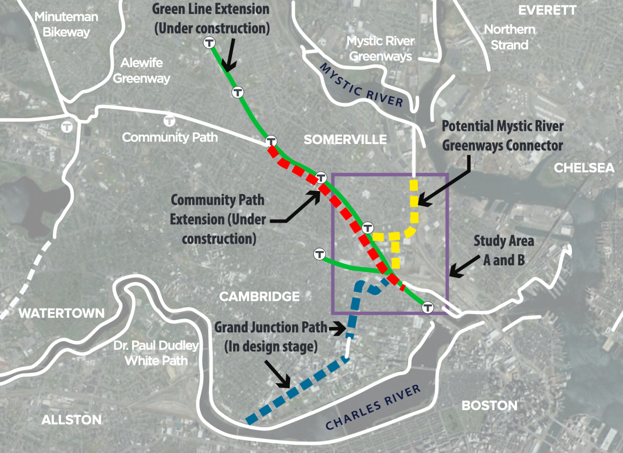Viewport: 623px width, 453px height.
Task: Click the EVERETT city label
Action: point(547,10)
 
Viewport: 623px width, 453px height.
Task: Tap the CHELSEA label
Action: point(584,168)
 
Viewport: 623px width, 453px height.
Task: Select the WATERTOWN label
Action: point(61,313)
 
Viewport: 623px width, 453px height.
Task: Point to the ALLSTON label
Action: point(72,419)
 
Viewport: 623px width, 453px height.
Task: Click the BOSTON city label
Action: point(489,405)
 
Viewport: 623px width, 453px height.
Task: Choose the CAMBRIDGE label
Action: point(259,296)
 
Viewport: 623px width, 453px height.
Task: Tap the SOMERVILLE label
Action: point(345,140)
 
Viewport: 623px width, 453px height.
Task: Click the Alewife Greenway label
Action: point(142,71)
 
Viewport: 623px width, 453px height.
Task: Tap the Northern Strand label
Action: point(510,37)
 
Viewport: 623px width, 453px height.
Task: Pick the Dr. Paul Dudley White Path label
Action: point(156,353)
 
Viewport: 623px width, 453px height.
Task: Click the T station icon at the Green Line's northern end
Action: point(209,43)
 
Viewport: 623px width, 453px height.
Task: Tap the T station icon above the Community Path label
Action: point(169,120)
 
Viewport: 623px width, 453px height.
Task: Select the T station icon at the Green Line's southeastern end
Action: point(427,307)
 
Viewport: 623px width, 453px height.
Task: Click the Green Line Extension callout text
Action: point(211,18)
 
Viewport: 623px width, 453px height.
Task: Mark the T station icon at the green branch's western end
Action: point(319,254)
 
